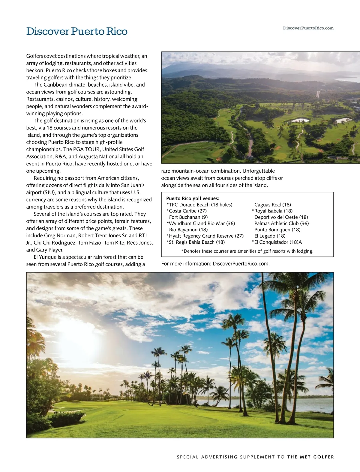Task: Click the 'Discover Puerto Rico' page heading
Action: pyautogui.click(x=77, y=31)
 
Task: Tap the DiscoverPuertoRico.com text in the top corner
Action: pyautogui.click(x=308, y=28)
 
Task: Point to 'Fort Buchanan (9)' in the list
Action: pyautogui.click(x=188, y=217)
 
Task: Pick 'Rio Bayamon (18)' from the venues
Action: pyautogui.click(x=188, y=230)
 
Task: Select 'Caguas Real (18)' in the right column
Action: pyautogui.click(x=272, y=205)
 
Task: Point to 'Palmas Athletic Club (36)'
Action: pyautogui.click(x=281, y=224)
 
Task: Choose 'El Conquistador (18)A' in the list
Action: pyautogui.click(x=278, y=242)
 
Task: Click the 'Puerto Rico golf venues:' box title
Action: pyautogui.click(x=193, y=198)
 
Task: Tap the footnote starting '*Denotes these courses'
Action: pyautogui.click(x=247, y=251)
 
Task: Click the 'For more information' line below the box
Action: pyautogui.click(x=215, y=264)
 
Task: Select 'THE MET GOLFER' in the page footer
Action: pyautogui.click(x=310, y=457)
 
